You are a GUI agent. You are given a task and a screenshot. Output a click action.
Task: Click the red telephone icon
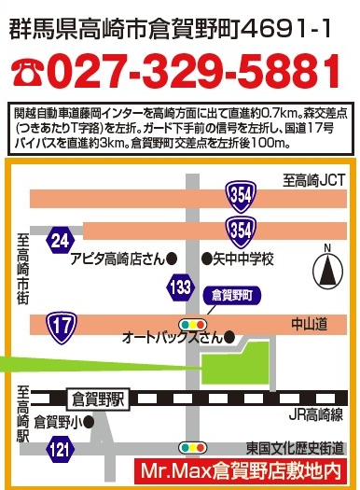click(x=25, y=71)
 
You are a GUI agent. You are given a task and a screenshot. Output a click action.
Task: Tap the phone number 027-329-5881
click(x=194, y=71)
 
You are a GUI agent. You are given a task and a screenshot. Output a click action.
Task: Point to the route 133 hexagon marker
click(x=181, y=287)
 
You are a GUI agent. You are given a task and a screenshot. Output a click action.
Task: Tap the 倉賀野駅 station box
click(x=98, y=398)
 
